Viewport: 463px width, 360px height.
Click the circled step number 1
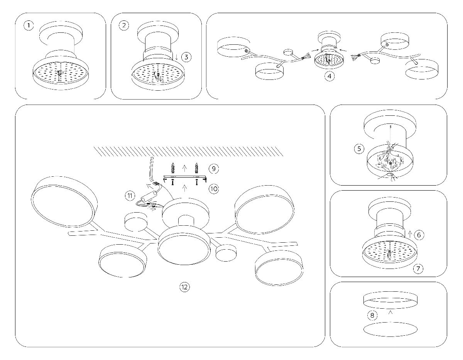pyautogui.click(x=29, y=26)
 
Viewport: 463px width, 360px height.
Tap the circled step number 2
pyautogui.click(x=124, y=26)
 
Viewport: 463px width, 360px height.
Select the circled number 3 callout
pyautogui.click(x=186, y=57)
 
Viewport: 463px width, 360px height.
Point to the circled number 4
pyautogui.click(x=329, y=76)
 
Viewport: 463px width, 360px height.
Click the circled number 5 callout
pyautogui.click(x=359, y=149)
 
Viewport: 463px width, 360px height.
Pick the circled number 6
pyautogui.click(x=419, y=234)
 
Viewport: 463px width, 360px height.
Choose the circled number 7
pyautogui.click(x=418, y=269)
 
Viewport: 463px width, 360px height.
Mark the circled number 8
pyautogui.click(x=372, y=316)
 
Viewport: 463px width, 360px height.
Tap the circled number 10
pyautogui.click(x=213, y=189)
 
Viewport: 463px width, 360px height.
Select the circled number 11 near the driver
pyautogui.click(x=130, y=196)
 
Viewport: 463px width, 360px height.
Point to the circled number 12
pyautogui.click(x=185, y=287)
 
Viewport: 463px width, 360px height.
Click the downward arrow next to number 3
pyautogui.click(x=177, y=57)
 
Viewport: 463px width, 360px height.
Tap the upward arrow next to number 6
pyautogui.click(x=410, y=234)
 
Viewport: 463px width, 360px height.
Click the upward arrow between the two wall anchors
pyautogui.click(x=185, y=167)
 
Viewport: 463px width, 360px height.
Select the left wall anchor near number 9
pyautogui.click(x=172, y=168)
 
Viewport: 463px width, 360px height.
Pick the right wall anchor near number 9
pyautogui.click(x=197, y=168)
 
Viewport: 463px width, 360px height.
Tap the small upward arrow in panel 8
pyautogui.click(x=390, y=313)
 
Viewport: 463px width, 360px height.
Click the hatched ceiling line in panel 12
pyautogui.click(x=189, y=151)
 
